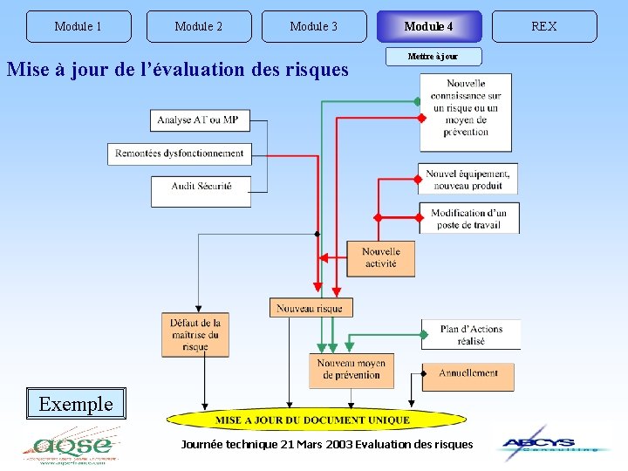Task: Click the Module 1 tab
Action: [78, 26]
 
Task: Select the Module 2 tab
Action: [199, 26]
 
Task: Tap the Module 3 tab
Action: [314, 26]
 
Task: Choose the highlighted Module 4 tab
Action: [428, 26]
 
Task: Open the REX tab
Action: [544, 26]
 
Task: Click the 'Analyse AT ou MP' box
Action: [201, 119]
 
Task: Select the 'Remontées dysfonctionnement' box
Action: [180, 154]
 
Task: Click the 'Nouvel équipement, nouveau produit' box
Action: [468, 179]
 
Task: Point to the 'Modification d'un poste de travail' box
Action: [469, 218]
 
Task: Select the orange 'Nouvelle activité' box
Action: [381, 258]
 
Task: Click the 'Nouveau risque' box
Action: [311, 308]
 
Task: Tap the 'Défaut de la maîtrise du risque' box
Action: [195, 335]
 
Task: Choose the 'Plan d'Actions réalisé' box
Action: [471, 335]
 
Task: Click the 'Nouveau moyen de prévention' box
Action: [352, 370]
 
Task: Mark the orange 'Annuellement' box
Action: [468, 375]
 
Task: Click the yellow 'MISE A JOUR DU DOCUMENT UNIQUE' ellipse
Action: [313, 420]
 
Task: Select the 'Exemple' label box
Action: [76, 404]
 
